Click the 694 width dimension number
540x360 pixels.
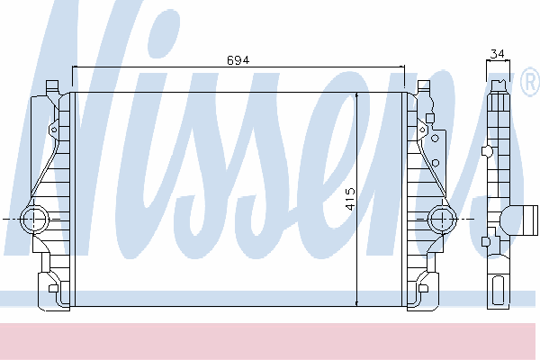coord(238,60)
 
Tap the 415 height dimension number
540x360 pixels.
coord(350,199)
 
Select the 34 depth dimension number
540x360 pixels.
coord(498,54)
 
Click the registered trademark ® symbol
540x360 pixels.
coord(531,81)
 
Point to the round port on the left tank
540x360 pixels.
coord(34,219)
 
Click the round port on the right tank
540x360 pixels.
coord(442,219)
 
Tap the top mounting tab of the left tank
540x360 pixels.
coord(52,85)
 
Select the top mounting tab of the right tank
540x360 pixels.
coord(424,85)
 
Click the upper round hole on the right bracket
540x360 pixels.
coord(435,139)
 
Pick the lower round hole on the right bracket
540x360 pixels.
coord(436,163)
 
